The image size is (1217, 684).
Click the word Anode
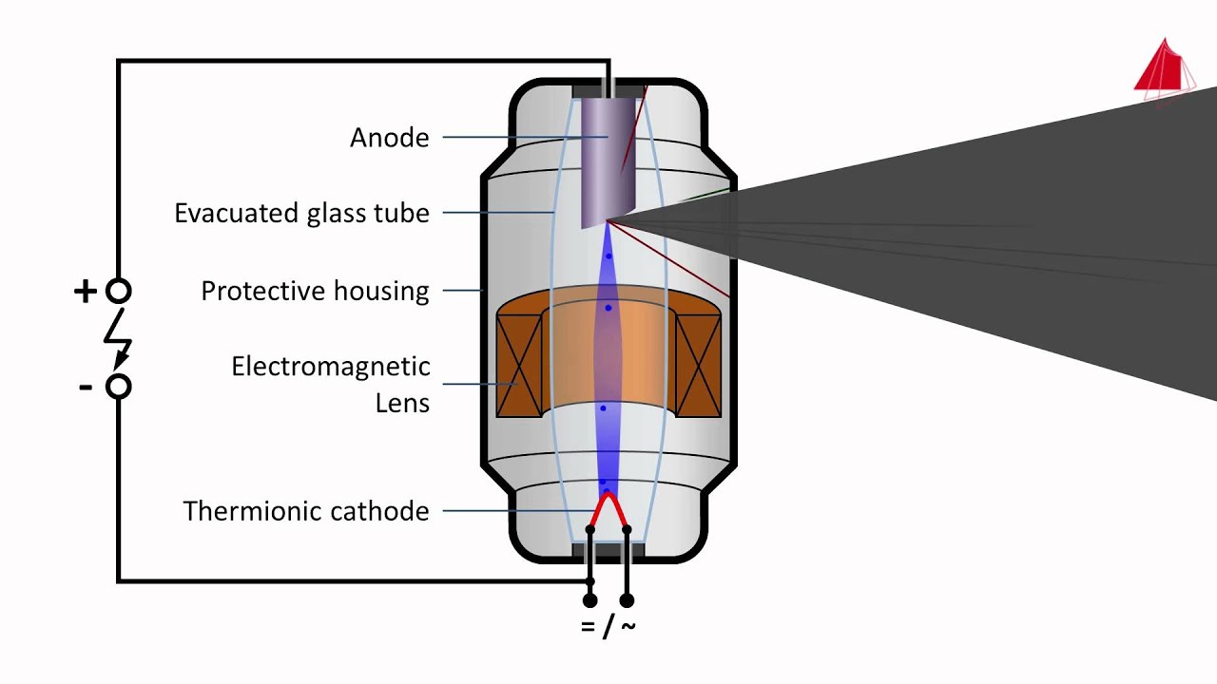point(389,138)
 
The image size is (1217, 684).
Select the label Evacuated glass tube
point(301,213)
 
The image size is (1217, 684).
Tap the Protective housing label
point(315,291)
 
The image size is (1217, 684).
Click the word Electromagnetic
point(330,367)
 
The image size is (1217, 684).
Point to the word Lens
point(402,403)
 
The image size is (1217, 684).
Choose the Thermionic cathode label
point(305,511)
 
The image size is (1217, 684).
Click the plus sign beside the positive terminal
point(85,291)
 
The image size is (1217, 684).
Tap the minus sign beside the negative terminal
point(86,387)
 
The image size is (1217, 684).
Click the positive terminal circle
point(118,291)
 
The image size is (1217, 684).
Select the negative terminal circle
point(118,387)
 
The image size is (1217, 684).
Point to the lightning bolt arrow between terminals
point(119,339)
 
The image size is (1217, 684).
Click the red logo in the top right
point(1165,68)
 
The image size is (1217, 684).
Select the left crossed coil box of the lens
point(518,366)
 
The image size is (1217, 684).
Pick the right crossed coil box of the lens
point(698,366)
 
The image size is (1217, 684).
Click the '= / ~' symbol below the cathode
point(608,626)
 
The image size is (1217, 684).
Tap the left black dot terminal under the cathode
point(589,600)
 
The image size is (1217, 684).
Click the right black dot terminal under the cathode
point(627,600)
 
